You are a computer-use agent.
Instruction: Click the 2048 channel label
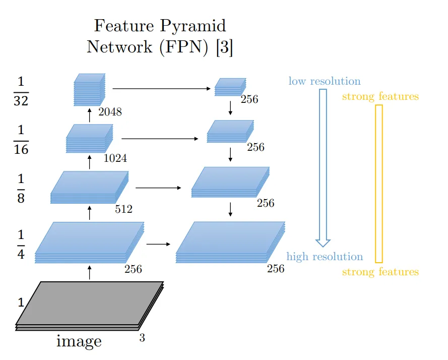coord(110,112)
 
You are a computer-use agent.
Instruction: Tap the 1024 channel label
coord(115,158)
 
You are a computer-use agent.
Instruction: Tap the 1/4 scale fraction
coord(21,244)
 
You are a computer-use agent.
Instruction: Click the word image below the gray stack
coord(79,341)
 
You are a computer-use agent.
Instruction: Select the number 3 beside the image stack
coord(142,338)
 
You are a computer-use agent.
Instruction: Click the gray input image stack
coord(90,305)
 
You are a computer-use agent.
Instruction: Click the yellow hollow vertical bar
coord(379,184)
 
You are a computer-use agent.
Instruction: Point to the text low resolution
coord(325,81)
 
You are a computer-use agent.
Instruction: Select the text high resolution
coord(325,257)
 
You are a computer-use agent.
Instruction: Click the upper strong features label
coord(380,96)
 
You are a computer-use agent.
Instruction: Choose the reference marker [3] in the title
coord(224,47)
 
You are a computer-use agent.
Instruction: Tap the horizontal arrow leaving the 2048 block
coord(161,89)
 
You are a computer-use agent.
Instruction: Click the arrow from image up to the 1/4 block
coord(90,273)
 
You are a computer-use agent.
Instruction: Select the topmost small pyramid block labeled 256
coord(230,87)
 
